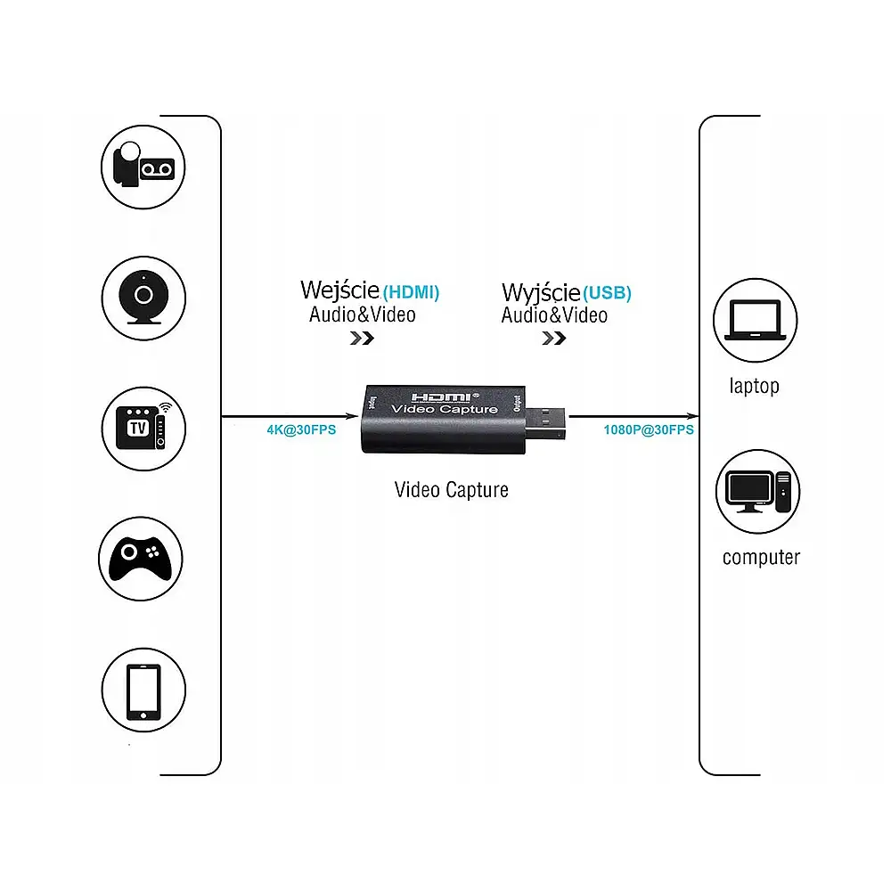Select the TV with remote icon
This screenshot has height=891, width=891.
click(143, 424)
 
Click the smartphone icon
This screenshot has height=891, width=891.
click(143, 692)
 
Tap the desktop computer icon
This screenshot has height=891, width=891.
click(757, 492)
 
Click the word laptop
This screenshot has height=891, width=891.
click(754, 386)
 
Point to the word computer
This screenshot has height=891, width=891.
click(761, 558)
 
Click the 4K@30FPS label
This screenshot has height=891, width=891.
click(301, 429)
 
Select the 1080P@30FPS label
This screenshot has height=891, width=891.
click(649, 429)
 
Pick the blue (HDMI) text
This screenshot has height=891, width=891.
click(411, 291)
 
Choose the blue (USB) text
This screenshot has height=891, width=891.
click(608, 293)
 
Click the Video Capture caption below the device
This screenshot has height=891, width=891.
click(452, 489)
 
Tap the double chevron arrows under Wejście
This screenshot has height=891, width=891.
click(361, 338)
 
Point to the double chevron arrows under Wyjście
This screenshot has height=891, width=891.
click(553, 339)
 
